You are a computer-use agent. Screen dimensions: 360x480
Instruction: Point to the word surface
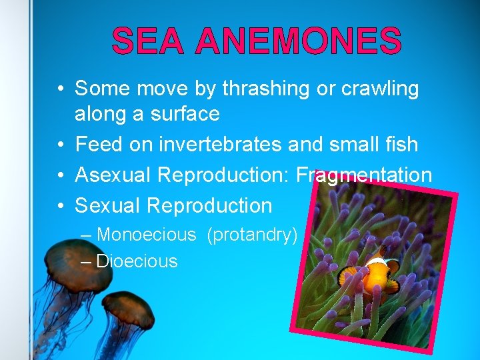pos(184,114)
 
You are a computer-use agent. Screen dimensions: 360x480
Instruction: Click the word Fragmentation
pos(364,175)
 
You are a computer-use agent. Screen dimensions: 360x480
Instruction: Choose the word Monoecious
pos(147,235)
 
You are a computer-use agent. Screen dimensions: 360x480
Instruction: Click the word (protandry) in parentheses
pos(252,235)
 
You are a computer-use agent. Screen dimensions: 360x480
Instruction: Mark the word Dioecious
pos(137,261)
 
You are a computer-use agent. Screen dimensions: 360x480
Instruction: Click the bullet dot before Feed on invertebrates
pos(60,145)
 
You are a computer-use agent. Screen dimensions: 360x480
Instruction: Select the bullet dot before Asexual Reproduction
pos(60,175)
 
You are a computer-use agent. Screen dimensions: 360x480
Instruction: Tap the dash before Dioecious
pos(86,261)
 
